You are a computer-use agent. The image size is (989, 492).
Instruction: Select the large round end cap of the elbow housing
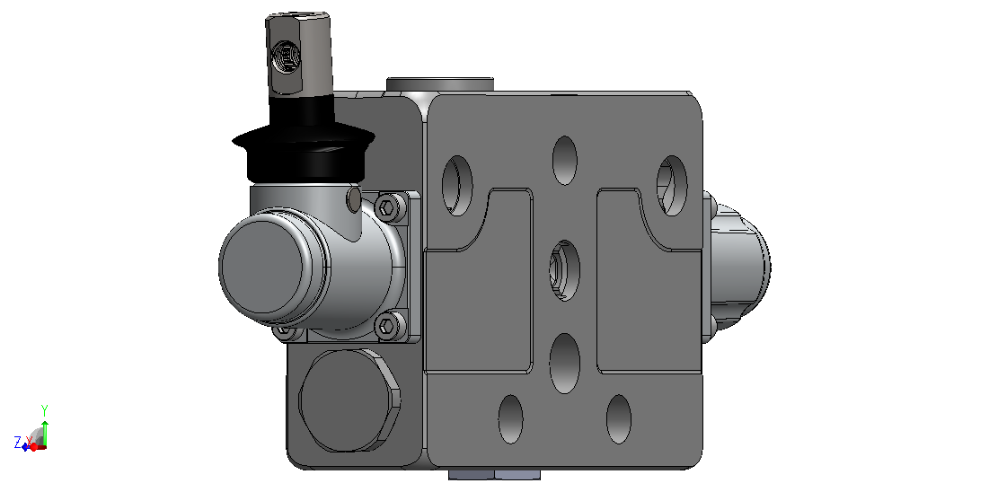[266, 266]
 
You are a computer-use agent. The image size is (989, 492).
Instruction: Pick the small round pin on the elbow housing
[355, 199]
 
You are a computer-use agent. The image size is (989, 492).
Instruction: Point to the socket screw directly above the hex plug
[387, 326]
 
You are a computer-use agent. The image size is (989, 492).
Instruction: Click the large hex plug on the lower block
[349, 400]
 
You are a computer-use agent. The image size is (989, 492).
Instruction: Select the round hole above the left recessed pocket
[457, 186]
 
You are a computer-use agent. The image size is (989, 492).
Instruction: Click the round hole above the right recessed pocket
[672, 186]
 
